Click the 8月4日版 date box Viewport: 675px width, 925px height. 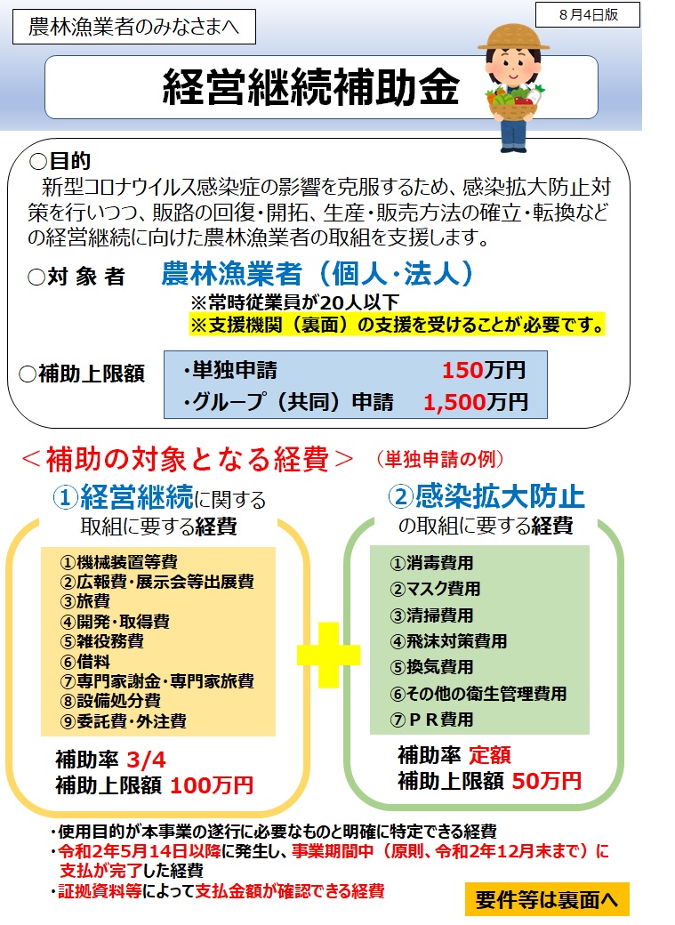point(588,15)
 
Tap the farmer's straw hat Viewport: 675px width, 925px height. point(513,37)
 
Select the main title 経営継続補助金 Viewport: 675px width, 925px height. point(311,87)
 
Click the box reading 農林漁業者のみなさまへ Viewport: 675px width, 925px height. point(134,27)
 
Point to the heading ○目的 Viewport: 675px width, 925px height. point(60,160)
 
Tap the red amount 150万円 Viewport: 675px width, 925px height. point(484,371)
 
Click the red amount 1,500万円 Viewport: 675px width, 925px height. point(476,402)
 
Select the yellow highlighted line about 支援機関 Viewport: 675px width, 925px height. point(398,325)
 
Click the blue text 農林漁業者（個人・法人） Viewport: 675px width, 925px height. point(317,273)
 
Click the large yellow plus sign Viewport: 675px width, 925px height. point(329,655)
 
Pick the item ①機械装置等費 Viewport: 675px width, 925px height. point(118,562)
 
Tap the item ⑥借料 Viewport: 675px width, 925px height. point(85,662)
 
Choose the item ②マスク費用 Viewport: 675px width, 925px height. point(435,589)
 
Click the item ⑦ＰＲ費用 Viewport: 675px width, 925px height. point(431,720)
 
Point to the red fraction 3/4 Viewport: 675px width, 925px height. point(146,760)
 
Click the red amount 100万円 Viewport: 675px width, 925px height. point(212,785)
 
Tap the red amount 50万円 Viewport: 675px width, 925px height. point(546,781)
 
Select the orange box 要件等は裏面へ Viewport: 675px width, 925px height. point(547,899)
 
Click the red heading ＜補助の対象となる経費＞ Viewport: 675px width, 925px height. point(187,459)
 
